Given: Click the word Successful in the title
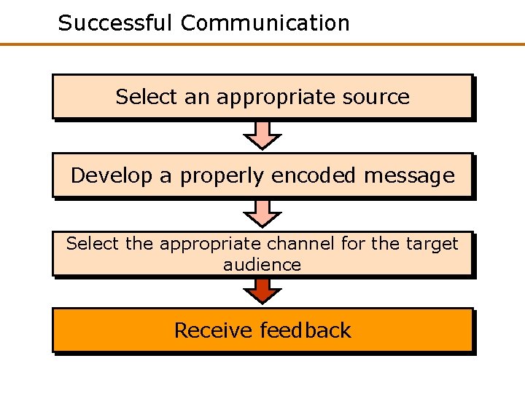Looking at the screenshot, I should pos(116,23).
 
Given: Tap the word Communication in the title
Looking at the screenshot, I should pos(265,23).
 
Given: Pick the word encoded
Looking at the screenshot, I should pos(314,175).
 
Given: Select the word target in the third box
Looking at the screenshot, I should pos(435,244).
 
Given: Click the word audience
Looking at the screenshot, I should pos(262,264).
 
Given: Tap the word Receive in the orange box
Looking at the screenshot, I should pos(214,330).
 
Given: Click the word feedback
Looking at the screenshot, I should pos(306,330).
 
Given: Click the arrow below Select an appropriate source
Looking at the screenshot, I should pos(262,135).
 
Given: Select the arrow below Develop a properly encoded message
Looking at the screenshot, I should pos(262,213).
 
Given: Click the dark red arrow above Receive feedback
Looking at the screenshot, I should pos(262,290).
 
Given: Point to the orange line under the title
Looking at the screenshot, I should pos(262,44).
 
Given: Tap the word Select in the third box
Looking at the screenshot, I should pos(93,244).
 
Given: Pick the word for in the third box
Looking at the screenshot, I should pos(353,244).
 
